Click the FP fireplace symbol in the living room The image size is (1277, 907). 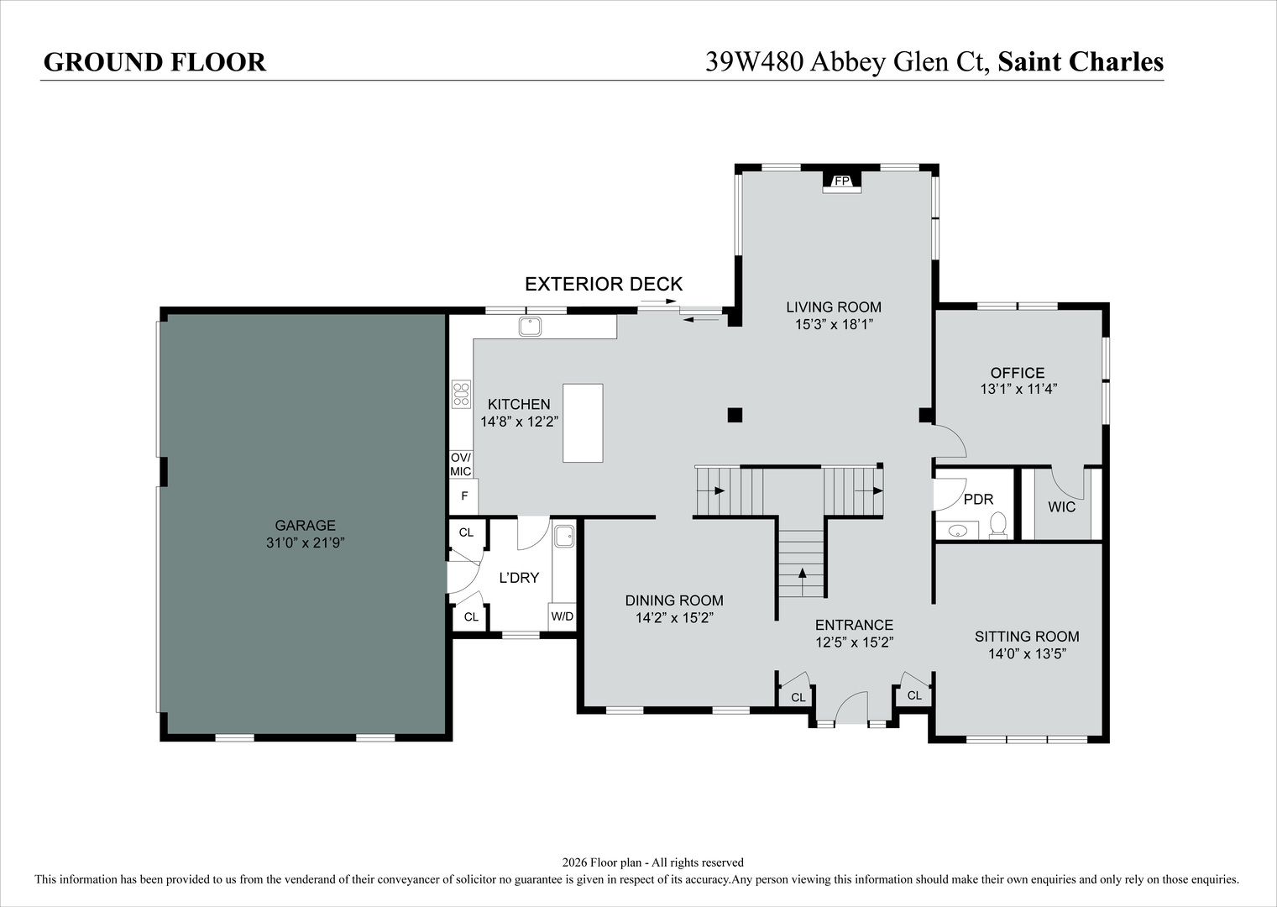[841, 181]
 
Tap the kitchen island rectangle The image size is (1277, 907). [583, 422]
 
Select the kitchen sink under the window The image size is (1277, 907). [531, 326]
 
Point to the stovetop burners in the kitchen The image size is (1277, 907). [461, 393]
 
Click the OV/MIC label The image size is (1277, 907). [461, 464]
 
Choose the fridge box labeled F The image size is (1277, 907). [463, 496]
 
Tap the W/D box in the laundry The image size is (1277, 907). [563, 616]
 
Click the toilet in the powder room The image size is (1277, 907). [997, 525]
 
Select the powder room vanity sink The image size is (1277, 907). [957, 531]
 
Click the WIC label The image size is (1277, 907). [1061, 507]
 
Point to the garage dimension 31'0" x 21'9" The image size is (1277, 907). [306, 543]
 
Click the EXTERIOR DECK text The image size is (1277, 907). [604, 284]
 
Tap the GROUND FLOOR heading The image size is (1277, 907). [154, 62]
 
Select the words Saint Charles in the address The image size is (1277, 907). [1081, 62]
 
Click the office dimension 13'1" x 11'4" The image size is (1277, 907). [1018, 389]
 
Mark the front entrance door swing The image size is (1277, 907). [850, 707]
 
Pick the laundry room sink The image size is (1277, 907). [564, 534]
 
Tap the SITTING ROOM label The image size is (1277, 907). [1027, 637]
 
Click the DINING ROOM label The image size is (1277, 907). [674, 600]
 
